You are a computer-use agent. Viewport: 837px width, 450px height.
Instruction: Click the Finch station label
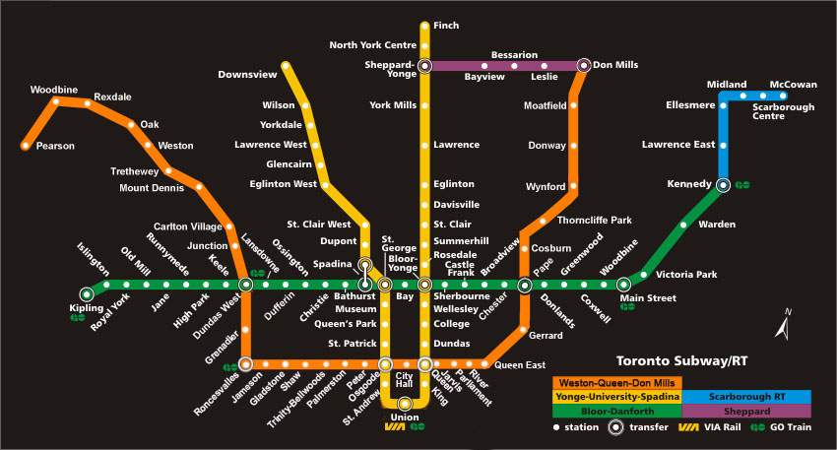tap(445, 25)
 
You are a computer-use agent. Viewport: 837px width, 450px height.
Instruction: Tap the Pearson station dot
tap(26, 146)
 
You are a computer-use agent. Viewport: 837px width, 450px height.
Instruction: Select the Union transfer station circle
tap(405, 404)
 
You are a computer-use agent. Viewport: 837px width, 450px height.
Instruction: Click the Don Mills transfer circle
tap(584, 66)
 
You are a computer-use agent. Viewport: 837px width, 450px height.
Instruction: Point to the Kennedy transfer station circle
tap(723, 184)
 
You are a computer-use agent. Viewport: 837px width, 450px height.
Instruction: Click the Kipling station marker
tap(88, 292)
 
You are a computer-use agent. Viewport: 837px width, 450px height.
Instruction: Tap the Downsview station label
tap(247, 74)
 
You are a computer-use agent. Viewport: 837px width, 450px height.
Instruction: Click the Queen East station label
tap(520, 365)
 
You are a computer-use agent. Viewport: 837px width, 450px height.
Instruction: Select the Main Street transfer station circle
tap(623, 285)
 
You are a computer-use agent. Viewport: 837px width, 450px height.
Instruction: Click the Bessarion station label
tap(514, 54)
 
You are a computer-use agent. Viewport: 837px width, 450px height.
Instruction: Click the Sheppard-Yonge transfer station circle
tap(424, 66)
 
